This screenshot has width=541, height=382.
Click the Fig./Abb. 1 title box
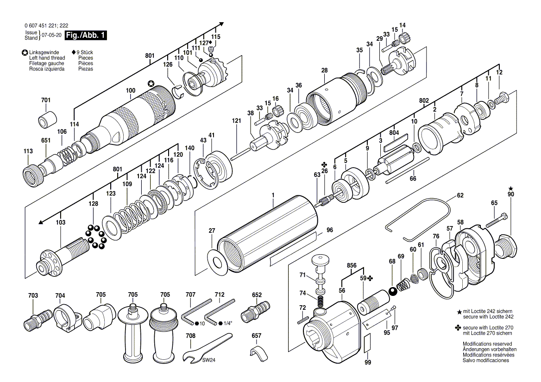tap(86, 35)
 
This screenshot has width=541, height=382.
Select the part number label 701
tap(45, 100)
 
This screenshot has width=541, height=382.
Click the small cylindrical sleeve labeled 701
tap(47, 118)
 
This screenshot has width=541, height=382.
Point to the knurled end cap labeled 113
tap(34, 175)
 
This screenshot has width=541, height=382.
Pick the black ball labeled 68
tap(393, 292)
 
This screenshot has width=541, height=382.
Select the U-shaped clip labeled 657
tap(258, 351)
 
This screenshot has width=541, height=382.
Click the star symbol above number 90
tap(510, 188)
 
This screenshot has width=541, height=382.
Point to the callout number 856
tap(352, 265)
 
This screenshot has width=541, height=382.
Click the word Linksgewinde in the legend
tap(44, 52)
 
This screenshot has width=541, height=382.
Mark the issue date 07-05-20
tap(51, 35)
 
